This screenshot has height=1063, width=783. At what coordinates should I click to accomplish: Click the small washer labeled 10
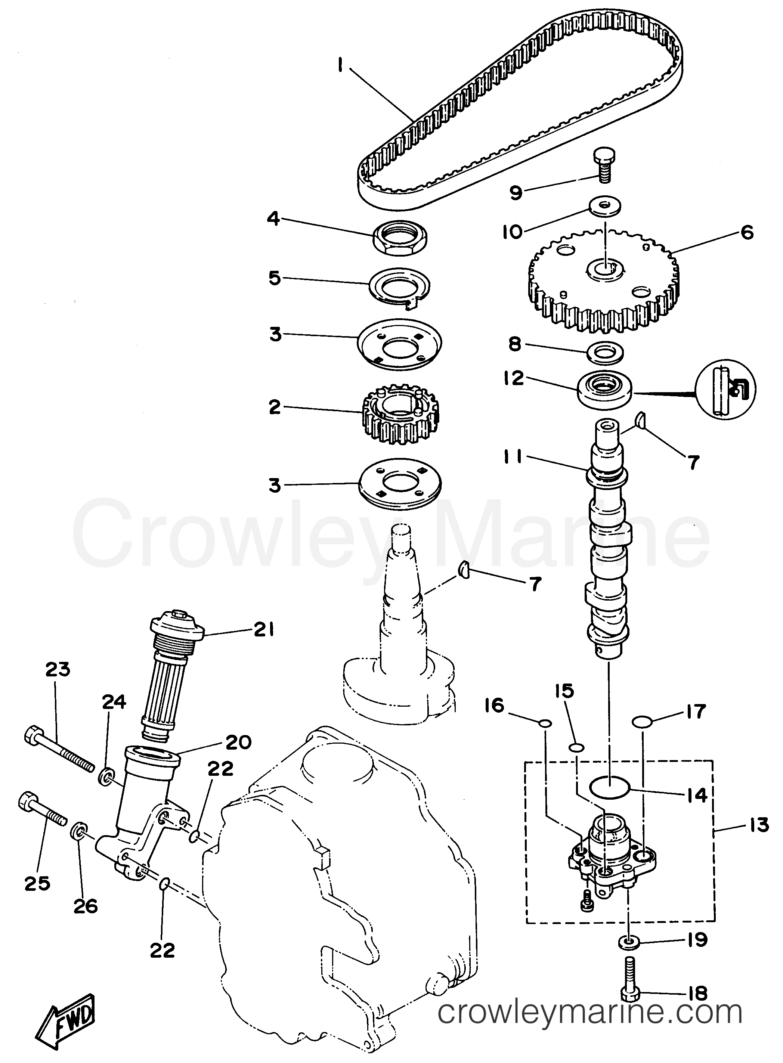click(x=605, y=206)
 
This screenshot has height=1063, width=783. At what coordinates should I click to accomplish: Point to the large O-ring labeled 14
click(x=609, y=788)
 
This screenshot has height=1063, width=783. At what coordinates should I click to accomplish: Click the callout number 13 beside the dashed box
click(x=760, y=824)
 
